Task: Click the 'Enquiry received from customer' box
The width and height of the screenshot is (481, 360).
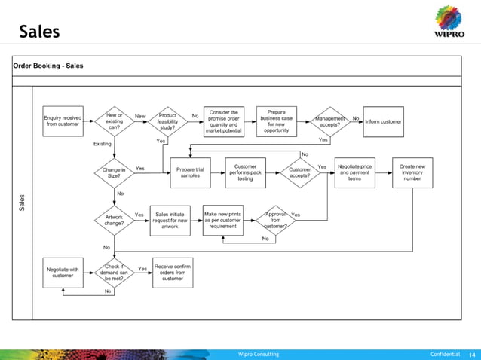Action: point(63,121)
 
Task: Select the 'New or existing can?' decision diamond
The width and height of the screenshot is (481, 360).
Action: point(113,121)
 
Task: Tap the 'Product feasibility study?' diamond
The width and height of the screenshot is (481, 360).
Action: point(167,121)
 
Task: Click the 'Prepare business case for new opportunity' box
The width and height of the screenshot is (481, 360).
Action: point(277,121)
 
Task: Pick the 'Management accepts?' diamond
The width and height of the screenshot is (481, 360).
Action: point(329,121)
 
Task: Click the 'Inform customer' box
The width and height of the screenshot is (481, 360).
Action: point(383,121)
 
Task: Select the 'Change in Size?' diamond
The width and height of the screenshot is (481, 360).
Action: point(113,172)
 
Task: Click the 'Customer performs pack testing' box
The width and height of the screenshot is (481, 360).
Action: point(245,172)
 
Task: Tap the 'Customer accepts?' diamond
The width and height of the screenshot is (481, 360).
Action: point(299,172)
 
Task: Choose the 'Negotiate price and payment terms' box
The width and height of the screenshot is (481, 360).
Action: point(354,172)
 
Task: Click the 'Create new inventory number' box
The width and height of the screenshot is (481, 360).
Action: point(412,172)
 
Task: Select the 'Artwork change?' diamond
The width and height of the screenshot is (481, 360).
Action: point(113,219)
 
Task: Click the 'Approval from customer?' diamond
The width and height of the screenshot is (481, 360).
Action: point(276,219)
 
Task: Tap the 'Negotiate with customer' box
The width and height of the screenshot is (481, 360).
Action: point(63,272)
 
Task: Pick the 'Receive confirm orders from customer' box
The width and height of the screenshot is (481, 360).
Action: point(173,272)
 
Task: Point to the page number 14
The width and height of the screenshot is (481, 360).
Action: point(473,354)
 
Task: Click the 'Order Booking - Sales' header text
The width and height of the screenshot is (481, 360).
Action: point(48,66)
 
